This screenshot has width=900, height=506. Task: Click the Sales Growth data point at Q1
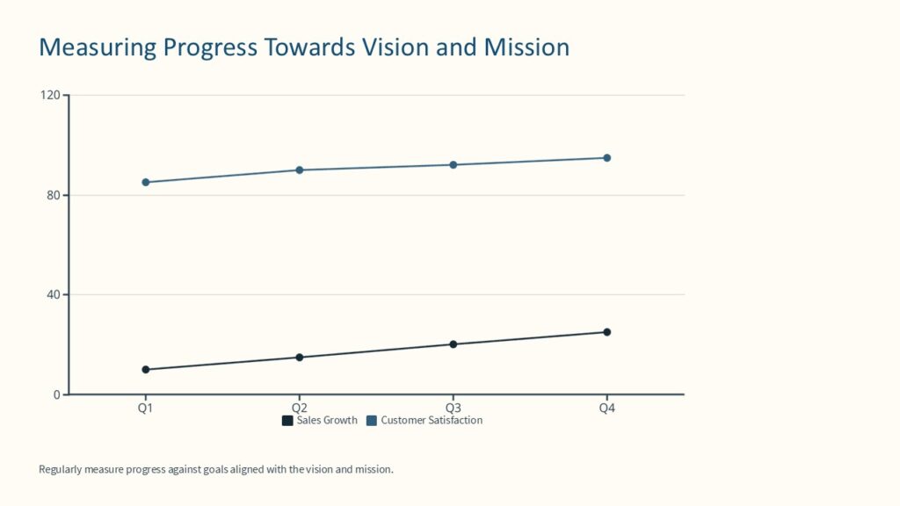(x=145, y=370)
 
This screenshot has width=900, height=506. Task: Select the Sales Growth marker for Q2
(x=299, y=358)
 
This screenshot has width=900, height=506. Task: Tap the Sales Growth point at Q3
(x=453, y=344)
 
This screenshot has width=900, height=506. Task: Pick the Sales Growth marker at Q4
(x=606, y=332)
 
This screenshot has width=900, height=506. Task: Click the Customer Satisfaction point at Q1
(x=145, y=183)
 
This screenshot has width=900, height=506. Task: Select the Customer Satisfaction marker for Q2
(x=299, y=170)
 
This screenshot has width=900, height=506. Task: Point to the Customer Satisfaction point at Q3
(x=453, y=165)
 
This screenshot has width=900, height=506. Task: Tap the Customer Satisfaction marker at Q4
(x=606, y=158)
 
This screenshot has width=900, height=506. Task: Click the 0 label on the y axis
(x=56, y=394)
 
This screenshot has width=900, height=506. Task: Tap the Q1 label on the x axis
(x=145, y=408)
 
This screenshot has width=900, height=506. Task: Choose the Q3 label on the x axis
(x=453, y=408)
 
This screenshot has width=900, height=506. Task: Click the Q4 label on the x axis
(x=606, y=408)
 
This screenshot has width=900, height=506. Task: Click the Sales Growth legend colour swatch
(x=287, y=421)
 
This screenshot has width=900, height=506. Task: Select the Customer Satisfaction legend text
(x=432, y=421)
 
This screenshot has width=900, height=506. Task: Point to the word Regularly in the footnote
(x=61, y=469)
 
